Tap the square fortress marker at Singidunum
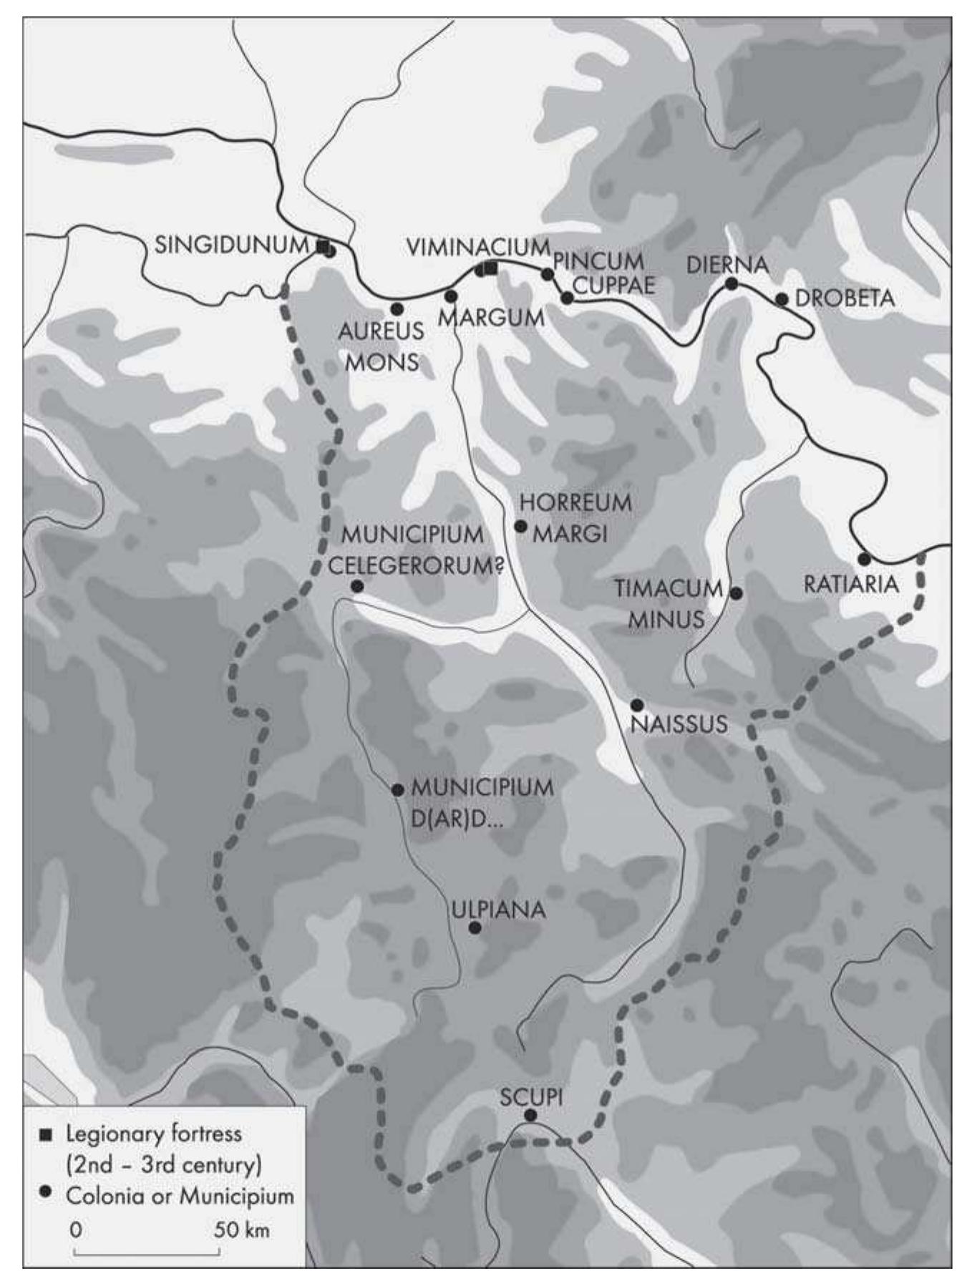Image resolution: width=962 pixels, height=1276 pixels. (323, 247)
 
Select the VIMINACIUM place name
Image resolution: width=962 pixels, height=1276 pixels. (478, 248)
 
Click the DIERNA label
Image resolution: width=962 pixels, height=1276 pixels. (727, 265)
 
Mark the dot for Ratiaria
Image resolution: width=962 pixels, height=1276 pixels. (865, 559)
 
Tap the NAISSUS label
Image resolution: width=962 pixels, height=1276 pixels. (679, 724)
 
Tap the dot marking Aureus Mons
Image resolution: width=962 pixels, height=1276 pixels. (397, 309)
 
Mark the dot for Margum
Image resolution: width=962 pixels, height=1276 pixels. (451, 296)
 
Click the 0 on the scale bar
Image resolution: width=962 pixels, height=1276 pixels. (76, 1229)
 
